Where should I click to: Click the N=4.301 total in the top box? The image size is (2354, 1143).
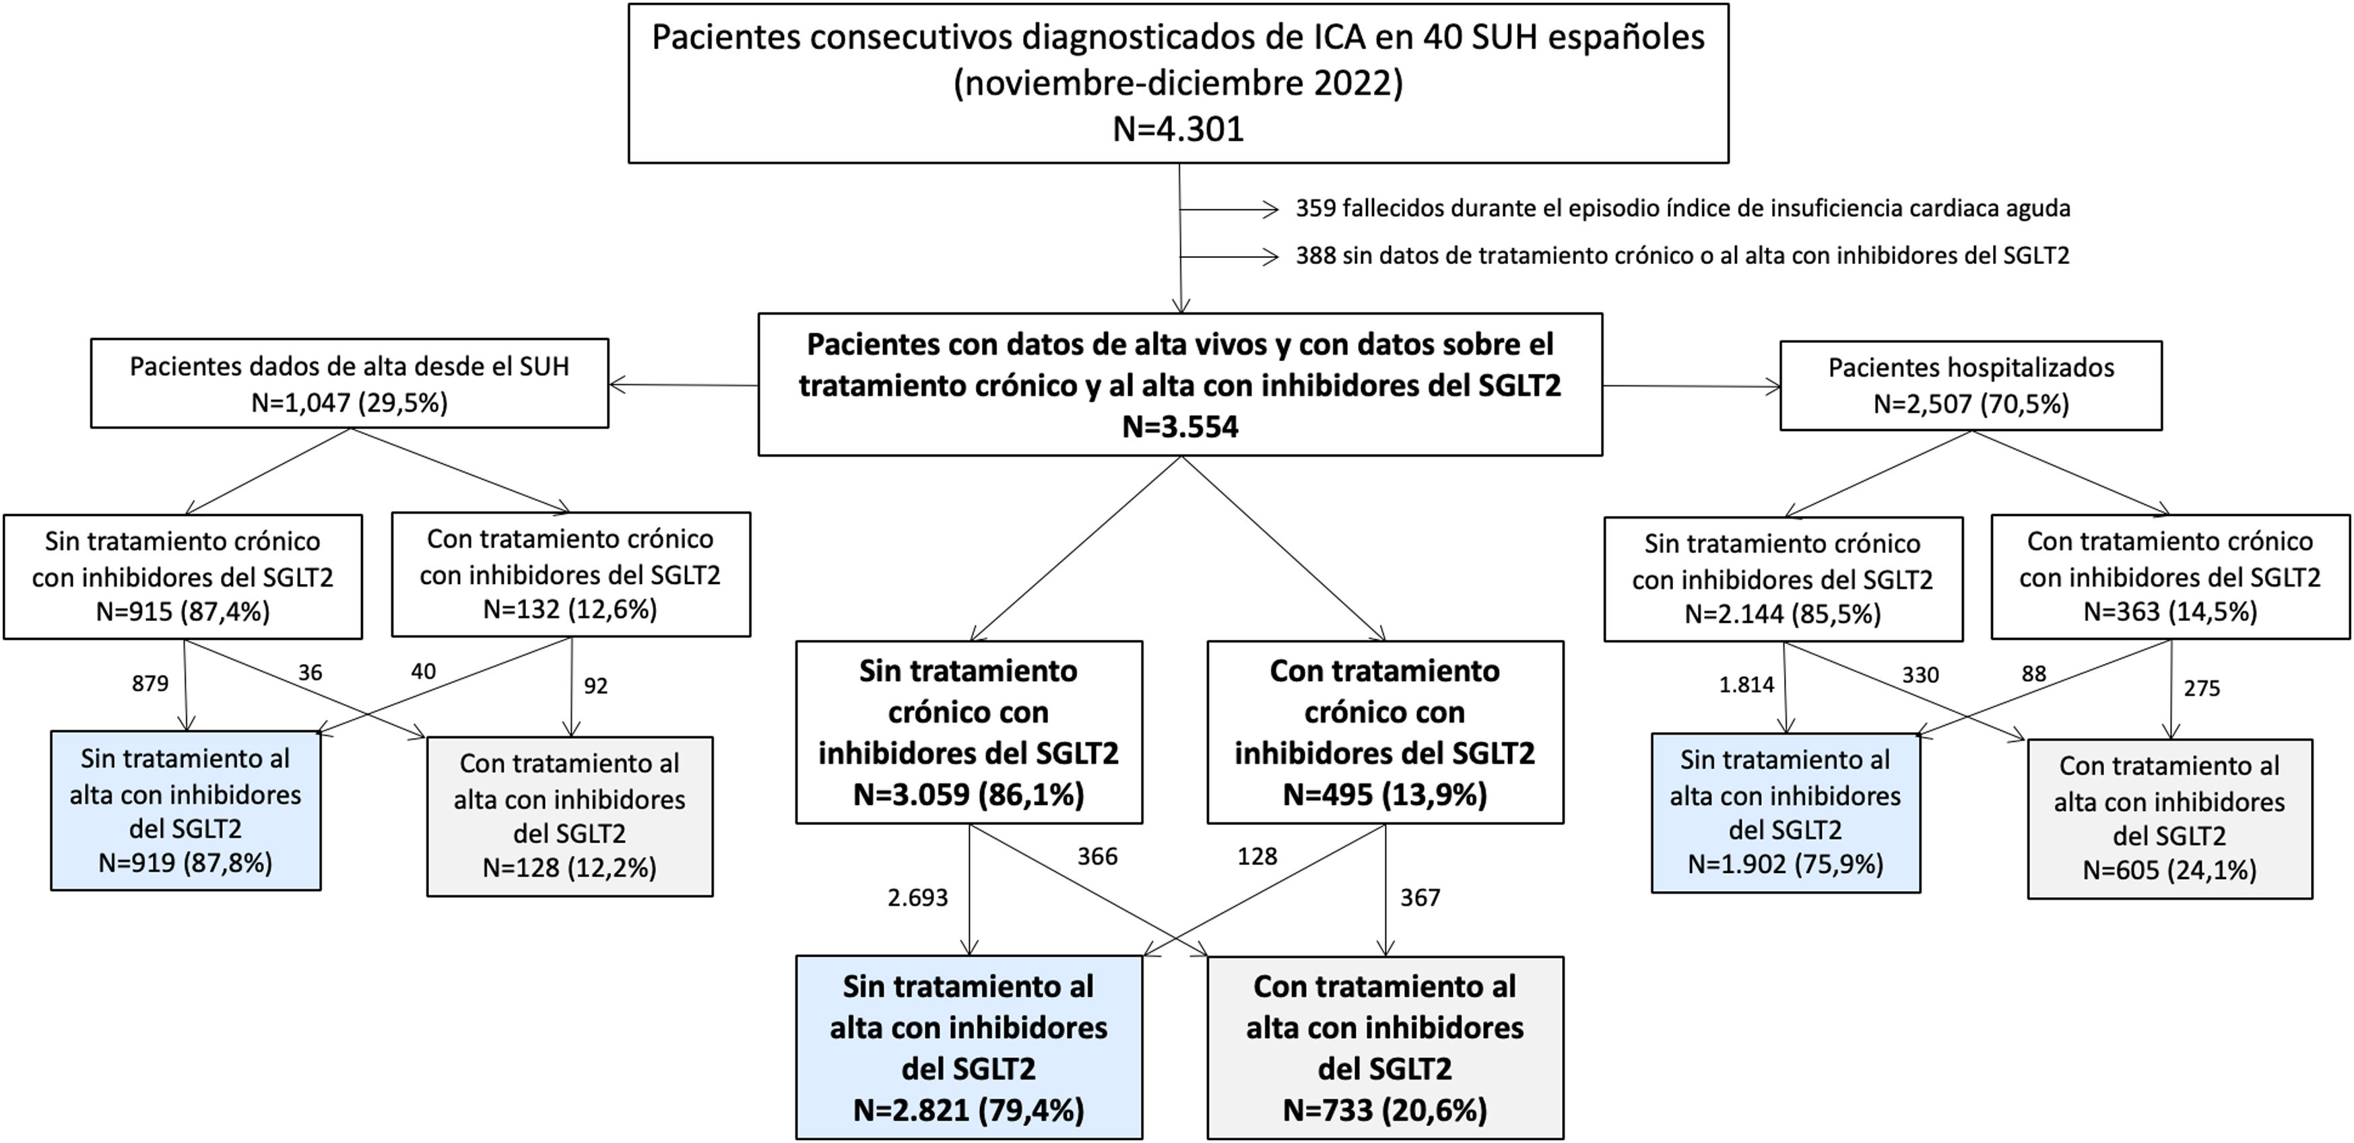[1178, 129]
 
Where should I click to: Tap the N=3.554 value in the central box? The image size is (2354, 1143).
[1180, 426]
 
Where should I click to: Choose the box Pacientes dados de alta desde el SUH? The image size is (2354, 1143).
[349, 384]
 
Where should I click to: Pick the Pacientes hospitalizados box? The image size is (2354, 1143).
[1971, 385]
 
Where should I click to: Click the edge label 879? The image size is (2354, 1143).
[150, 684]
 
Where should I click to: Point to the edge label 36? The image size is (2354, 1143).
[310, 672]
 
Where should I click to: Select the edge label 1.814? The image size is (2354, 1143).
[1746, 684]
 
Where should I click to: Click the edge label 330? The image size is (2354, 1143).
[1920, 675]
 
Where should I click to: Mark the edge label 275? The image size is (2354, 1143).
[2201, 688]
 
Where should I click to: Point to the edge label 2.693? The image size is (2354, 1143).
[917, 898]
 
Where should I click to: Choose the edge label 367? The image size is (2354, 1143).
[1420, 898]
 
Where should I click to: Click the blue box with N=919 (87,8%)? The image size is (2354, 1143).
[185, 810]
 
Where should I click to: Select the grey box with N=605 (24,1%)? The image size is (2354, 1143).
[2169, 818]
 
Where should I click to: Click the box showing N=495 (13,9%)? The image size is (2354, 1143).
[1384, 732]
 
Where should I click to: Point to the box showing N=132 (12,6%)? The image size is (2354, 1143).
[570, 574]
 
